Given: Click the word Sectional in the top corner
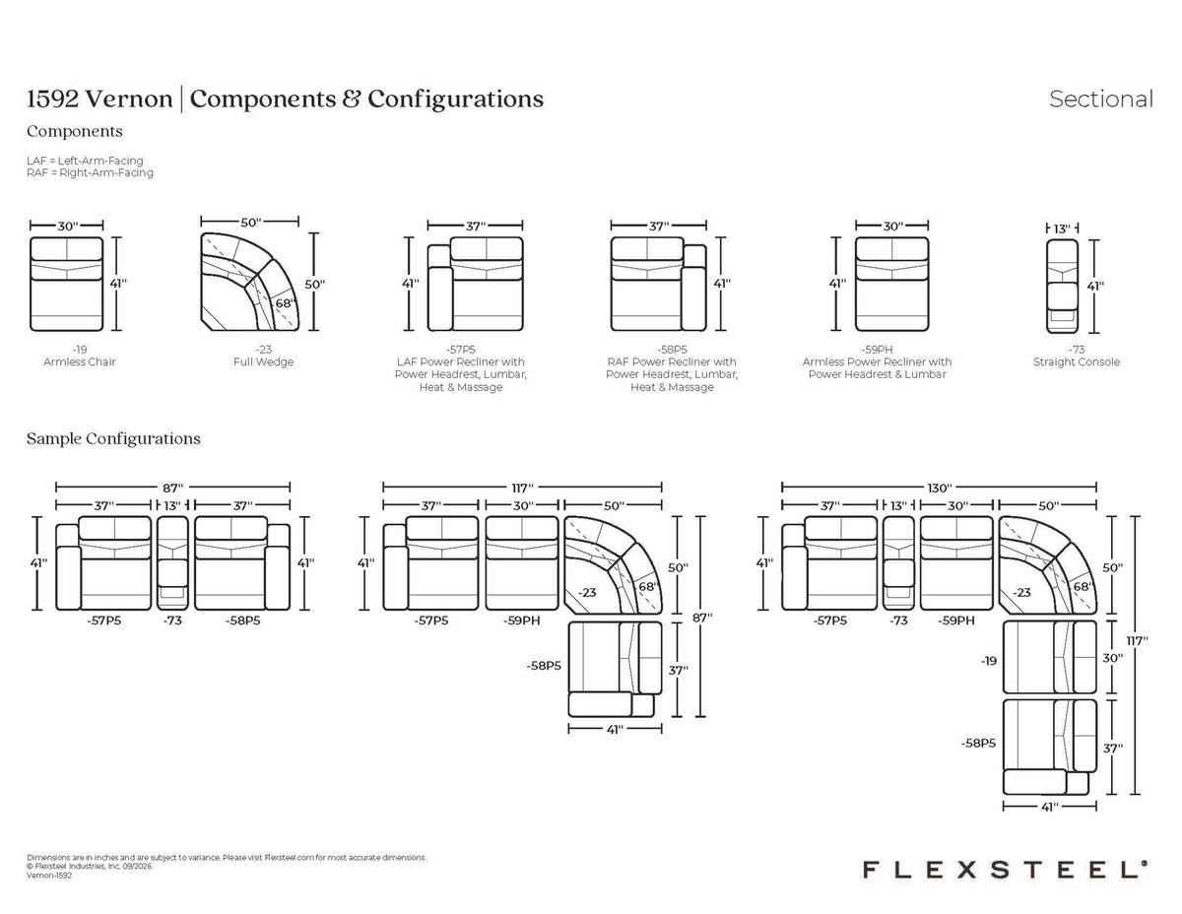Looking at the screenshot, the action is tap(1100, 99).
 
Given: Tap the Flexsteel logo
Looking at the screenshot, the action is tap(1005, 870).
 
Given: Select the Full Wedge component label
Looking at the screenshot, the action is tap(263, 362).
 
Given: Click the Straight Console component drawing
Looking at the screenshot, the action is tap(1062, 286).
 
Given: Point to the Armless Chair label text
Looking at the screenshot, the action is tap(80, 362).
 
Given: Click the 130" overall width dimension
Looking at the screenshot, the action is tap(939, 488).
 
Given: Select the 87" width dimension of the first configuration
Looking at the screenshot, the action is tap(173, 488).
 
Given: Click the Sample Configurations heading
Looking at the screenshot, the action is tap(113, 439).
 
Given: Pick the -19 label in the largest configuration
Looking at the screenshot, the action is tap(989, 661).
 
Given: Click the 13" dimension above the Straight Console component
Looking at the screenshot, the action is tap(1062, 228).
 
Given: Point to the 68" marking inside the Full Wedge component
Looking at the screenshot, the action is tap(285, 302).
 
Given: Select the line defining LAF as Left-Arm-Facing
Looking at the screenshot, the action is tap(85, 161).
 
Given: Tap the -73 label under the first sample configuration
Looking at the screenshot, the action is tap(172, 620).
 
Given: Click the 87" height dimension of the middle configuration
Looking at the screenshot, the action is tap(701, 618).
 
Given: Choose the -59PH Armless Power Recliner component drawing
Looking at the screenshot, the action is tap(891, 284).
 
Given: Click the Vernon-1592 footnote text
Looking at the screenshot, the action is tap(49, 876).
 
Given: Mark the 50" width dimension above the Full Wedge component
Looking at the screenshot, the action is tap(251, 222).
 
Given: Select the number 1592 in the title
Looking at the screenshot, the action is tap(52, 98).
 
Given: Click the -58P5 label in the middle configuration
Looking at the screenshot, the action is tap(544, 666).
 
